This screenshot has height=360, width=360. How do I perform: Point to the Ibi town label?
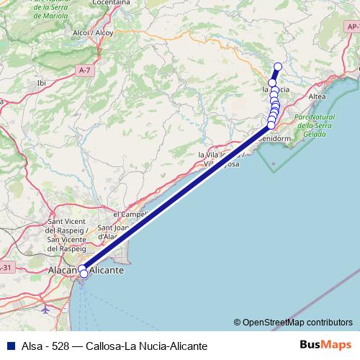pyautogui.click(x=41, y=83)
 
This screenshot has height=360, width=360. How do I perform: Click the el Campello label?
pyautogui.click(x=130, y=214)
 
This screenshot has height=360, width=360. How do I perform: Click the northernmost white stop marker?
pyautogui.click(x=278, y=67)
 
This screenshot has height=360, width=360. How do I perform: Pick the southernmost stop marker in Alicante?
pyautogui.click(x=84, y=274)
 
